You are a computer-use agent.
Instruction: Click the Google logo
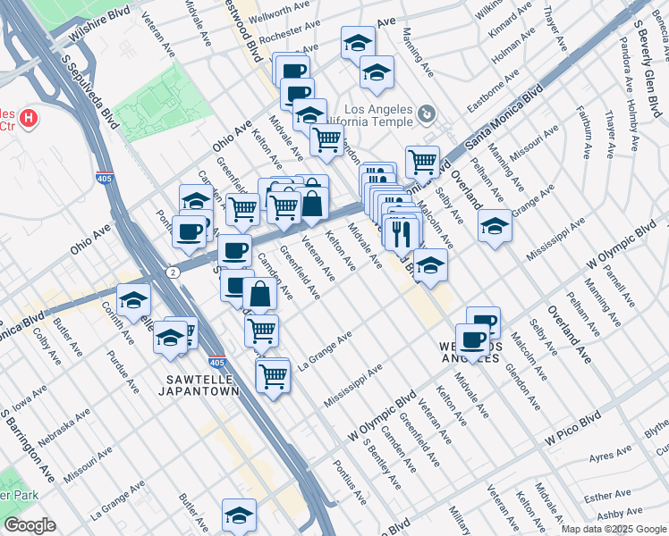click(x=30, y=525)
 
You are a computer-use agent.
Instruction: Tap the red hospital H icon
click(x=29, y=117)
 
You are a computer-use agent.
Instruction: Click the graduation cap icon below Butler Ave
click(x=239, y=515)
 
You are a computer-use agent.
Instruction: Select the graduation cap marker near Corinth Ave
click(x=134, y=301)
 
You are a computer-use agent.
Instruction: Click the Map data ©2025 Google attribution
click(x=614, y=529)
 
